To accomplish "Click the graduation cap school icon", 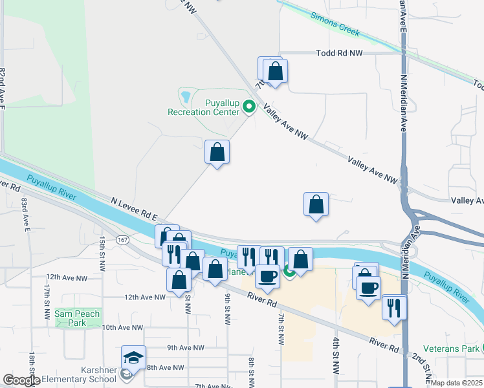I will click(x=133, y=357).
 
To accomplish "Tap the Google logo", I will click(x=21, y=380).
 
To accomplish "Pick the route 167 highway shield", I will click(x=122, y=240).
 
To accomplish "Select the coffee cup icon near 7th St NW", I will click(x=267, y=277).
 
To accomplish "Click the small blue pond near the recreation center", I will click(x=186, y=98).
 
